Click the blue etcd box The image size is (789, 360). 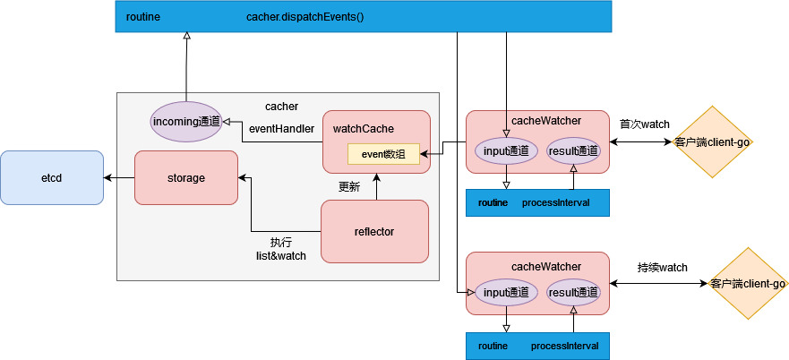[52, 177]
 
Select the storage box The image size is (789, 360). [185, 177]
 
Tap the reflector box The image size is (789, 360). [374, 231]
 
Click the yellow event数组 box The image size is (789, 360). [383, 154]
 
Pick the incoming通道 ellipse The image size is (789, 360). [185, 121]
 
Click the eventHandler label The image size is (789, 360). [281, 129]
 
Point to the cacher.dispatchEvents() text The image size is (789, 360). [304, 17]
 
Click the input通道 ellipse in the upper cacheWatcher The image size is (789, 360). [506, 150]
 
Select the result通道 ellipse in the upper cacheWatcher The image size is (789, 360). [573, 150]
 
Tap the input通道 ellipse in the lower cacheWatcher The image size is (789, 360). [506, 292]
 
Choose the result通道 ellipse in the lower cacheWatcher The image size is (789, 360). [573, 292]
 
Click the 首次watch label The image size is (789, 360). [644, 124]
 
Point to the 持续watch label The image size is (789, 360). [662, 267]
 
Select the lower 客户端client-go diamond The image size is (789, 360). [747, 284]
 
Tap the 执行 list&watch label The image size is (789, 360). [281, 249]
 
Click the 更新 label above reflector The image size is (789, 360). [349, 187]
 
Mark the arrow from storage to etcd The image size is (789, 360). [118, 177]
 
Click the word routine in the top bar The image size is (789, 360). [143, 17]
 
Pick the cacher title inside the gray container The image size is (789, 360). [281, 107]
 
